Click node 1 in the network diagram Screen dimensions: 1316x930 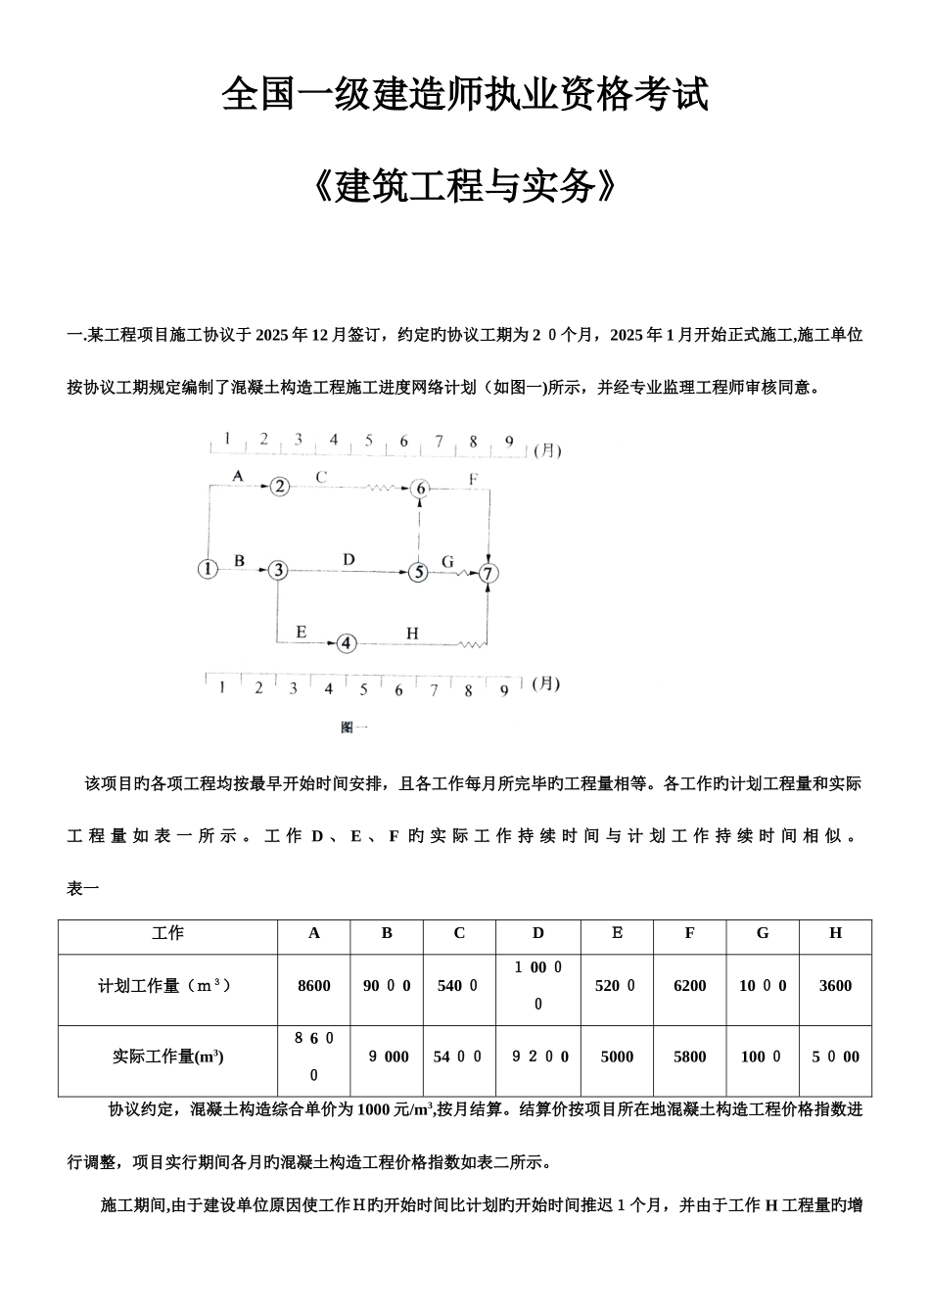tap(208, 568)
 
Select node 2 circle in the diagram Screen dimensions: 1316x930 tap(281, 487)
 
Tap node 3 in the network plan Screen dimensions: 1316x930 tap(279, 570)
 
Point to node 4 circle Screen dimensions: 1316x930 tap(348, 643)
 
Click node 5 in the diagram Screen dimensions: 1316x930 tap(419, 572)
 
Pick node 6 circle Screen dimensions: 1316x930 tap(420, 489)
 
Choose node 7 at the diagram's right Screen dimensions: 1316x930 tap(488, 574)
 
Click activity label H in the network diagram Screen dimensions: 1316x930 tap(412, 634)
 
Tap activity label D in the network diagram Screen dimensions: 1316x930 tap(349, 559)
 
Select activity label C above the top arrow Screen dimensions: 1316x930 tap(320, 477)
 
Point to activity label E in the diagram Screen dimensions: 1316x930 tap(301, 632)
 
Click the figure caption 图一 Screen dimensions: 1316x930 tap(353, 727)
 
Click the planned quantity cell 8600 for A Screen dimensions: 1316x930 tap(314, 986)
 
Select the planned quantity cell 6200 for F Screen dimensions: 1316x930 tap(690, 986)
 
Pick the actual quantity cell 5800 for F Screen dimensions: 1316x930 tap(690, 1057)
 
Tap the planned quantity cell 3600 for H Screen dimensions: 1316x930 tap(835, 986)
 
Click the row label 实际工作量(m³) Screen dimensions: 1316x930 tap(168, 1057)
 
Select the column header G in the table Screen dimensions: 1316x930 tap(763, 933)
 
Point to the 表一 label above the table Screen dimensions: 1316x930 tap(82, 889)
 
